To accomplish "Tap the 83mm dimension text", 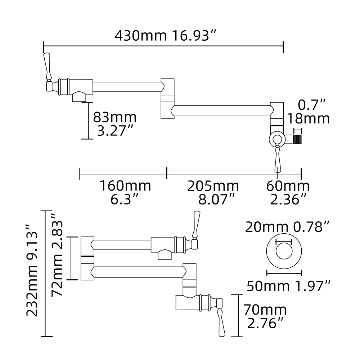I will tap(114, 117).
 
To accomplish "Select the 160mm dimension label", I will tap(125, 186).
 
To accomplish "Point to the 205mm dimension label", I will tap(213, 186).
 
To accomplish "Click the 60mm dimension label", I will tap(288, 186).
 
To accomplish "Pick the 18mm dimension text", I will tap(308, 118).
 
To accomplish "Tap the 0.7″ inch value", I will tap(312, 105).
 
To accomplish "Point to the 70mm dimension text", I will tap(265, 310).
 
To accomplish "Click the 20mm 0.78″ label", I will tap(288, 227).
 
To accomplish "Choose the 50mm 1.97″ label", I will tap(288, 286).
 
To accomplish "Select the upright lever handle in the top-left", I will tap(47, 66).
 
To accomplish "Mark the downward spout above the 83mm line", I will tap(80, 96).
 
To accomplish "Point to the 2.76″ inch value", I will tap(264, 323).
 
